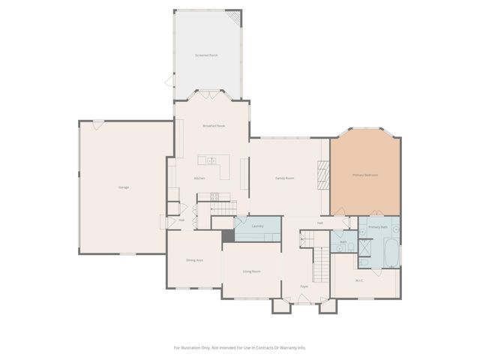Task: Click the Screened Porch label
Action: click(207, 55)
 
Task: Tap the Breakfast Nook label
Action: click(214, 126)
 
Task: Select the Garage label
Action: click(123, 187)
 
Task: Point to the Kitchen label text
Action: click(199, 178)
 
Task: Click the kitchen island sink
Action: click(212, 160)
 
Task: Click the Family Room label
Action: click(284, 178)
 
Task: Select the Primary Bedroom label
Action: click(365, 175)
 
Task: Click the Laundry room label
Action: click(256, 226)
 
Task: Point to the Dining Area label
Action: click(194, 259)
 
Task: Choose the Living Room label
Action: click(251, 271)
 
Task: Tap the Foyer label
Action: click(304, 286)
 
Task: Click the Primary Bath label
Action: click(379, 226)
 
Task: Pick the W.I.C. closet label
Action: click(360, 280)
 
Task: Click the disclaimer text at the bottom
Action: click(240, 347)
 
